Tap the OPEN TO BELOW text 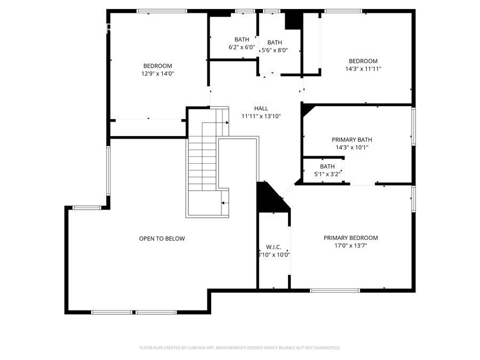click(162, 238)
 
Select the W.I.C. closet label click(273, 247)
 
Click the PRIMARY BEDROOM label click(350, 238)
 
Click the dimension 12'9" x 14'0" click(157, 74)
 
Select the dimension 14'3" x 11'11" click(363, 69)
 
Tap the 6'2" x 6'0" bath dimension click(241, 47)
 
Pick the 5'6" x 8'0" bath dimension click(275, 50)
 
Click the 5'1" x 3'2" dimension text click(327, 174)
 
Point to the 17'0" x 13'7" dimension click(350, 246)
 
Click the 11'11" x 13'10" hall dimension click(261, 116)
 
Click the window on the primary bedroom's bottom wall click(328, 290)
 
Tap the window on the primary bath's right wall click(413, 125)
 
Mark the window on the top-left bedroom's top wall click(162, 11)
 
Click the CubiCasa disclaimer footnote click(239, 348)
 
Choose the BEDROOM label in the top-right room click(363, 61)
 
